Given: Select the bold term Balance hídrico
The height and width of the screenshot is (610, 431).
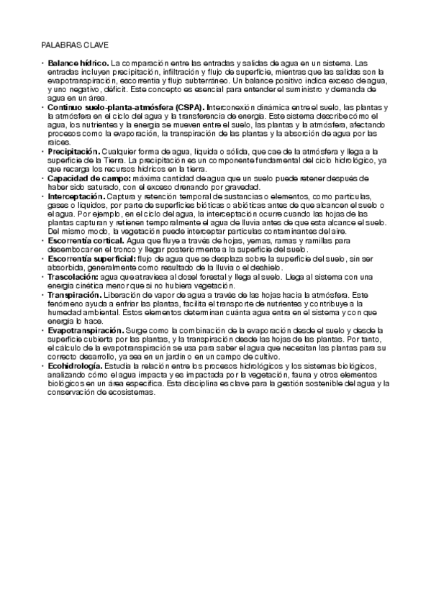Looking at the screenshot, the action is tap(78, 63).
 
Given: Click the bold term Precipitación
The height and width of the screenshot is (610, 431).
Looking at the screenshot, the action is tap(74, 152).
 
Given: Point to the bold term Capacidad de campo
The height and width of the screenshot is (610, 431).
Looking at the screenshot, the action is tap(89, 178).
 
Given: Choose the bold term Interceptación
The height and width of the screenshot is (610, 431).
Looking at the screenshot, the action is tap(76, 196).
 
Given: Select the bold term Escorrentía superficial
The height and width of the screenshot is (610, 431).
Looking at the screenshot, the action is tap(91, 258).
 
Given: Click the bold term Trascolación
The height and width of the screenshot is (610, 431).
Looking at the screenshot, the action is tap(75, 276).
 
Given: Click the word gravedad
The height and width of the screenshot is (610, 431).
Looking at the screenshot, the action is tap(240, 187).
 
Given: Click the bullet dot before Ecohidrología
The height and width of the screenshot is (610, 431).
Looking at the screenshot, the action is tap(42, 365).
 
